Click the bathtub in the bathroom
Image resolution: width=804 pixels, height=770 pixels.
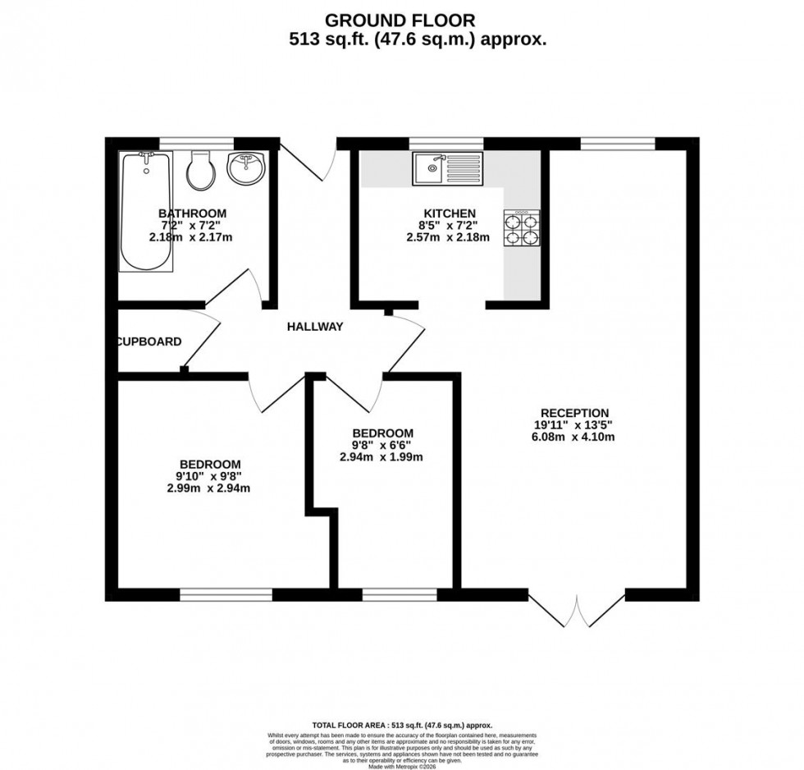click(147, 211)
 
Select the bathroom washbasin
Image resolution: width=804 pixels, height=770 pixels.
click(245, 169)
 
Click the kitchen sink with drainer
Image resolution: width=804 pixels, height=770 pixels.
click(448, 169)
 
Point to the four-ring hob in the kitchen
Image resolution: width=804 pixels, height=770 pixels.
click(522, 230)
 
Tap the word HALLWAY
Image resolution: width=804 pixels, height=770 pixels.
click(314, 327)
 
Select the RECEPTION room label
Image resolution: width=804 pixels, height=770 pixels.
click(574, 413)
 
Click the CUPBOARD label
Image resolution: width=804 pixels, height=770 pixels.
click(149, 341)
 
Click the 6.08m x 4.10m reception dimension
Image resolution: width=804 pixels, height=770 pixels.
click(574, 437)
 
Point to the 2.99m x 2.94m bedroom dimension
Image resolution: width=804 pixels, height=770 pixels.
click(208, 488)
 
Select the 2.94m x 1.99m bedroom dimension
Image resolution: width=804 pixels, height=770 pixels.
click(382, 457)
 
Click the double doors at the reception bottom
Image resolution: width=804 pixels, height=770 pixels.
click(578, 612)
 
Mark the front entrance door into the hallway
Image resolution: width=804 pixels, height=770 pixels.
click(309, 160)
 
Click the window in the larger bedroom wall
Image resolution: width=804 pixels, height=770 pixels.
click(226, 595)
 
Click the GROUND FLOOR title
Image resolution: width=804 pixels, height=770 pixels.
click(400, 19)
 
